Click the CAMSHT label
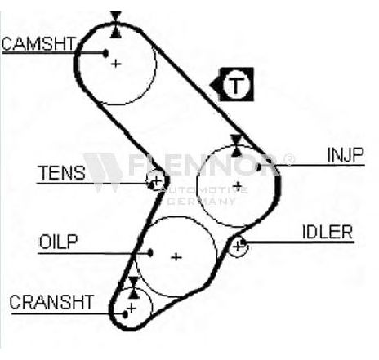(38, 44)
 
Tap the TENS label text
(62, 173)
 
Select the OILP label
(58, 242)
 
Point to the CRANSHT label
(51, 302)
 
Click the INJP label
(346, 155)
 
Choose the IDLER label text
(328, 232)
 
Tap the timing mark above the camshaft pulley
(116, 24)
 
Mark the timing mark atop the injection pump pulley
(236, 145)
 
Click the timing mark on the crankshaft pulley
(134, 287)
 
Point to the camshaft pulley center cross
(116, 64)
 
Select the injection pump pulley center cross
(238, 186)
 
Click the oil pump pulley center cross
(176, 257)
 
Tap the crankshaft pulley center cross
(132, 309)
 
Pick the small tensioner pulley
(156, 180)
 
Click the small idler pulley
(238, 247)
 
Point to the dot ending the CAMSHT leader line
(105, 53)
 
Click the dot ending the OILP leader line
(150, 253)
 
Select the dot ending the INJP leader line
(259, 167)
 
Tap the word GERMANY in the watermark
(201, 201)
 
